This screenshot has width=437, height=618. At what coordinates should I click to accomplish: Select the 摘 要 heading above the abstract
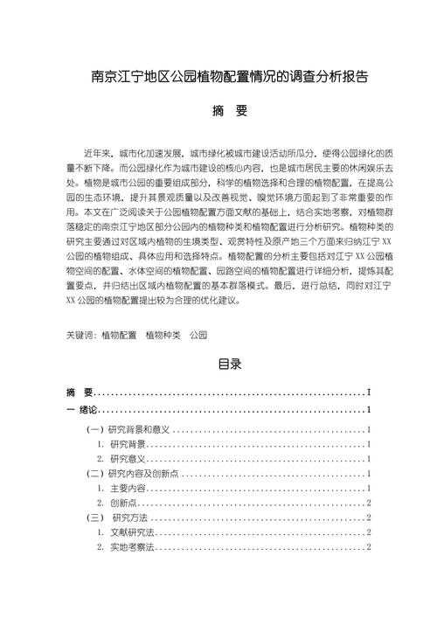218,113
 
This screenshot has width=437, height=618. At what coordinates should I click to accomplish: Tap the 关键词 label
81,335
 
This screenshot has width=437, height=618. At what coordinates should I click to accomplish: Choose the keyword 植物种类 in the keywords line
163,335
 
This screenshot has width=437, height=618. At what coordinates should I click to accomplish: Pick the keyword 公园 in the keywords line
198,335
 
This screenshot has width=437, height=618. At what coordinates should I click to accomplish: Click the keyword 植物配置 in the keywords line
119,335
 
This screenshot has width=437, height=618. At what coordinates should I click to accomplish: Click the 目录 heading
218,365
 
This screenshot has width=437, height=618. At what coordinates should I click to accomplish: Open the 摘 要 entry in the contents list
80,392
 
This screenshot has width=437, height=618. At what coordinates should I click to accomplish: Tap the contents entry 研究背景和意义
136,430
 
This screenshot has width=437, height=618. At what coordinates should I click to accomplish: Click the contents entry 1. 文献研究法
126,531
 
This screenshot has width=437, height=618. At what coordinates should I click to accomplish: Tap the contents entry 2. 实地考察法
126,546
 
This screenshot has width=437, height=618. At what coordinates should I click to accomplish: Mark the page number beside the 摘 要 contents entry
371,392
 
